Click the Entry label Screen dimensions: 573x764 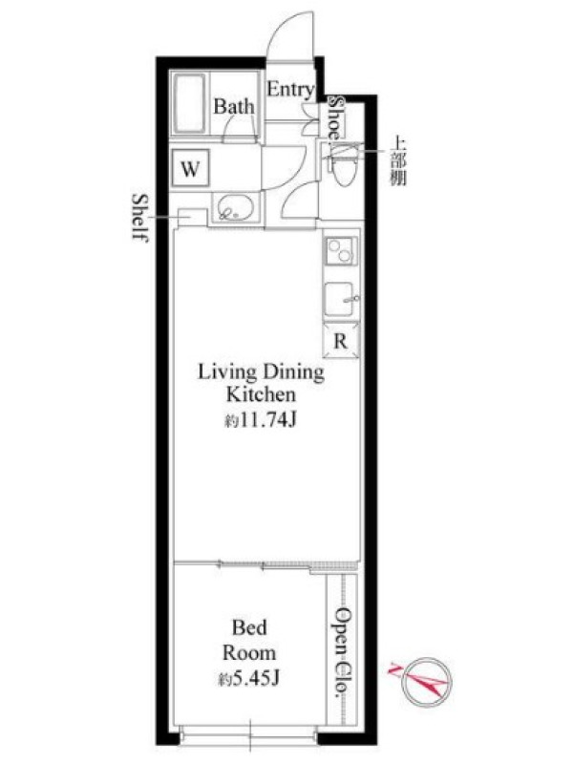[x=290, y=90]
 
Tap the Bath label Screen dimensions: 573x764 [x=234, y=107]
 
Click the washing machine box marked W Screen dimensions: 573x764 [x=191, y=168]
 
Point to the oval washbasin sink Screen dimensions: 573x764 [x=236, y=208]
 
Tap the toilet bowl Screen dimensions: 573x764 [x=343, y=165]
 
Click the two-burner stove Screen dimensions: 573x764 [x=341, y=250]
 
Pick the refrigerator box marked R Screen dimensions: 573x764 [x=341, y=341]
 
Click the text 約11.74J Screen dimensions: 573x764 [x=261, y=419]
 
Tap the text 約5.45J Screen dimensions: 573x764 [x=248, y=678]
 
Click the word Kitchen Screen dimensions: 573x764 [x=261, y=394]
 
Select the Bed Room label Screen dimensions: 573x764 [x=249, y=640]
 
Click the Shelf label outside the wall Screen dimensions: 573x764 [x=140, y=218]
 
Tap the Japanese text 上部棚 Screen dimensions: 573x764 [x=397, y=161]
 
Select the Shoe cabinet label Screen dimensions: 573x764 [x=335, y=117]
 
